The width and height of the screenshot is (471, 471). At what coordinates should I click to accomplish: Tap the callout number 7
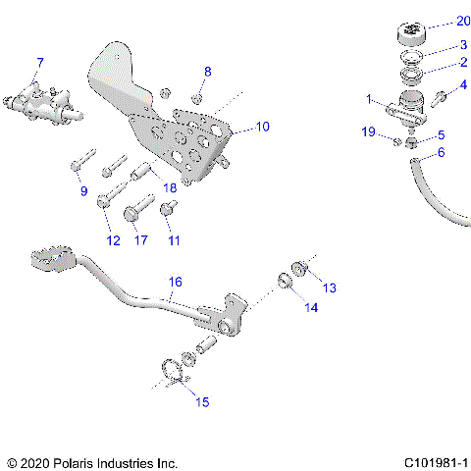(x=39, y=64)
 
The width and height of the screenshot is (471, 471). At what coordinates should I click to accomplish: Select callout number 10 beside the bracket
(x=262, y=127)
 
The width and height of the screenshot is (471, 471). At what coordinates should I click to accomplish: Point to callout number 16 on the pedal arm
(x=175, y=282)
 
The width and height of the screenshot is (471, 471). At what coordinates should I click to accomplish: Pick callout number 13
(x=330, y=288)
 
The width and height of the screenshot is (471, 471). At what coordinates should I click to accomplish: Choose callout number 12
(x=113, y=240)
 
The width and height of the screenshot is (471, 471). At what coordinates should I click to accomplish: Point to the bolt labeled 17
(x=137, y=210)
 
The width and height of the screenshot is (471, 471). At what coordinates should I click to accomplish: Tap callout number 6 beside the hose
(x=441, y=152)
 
